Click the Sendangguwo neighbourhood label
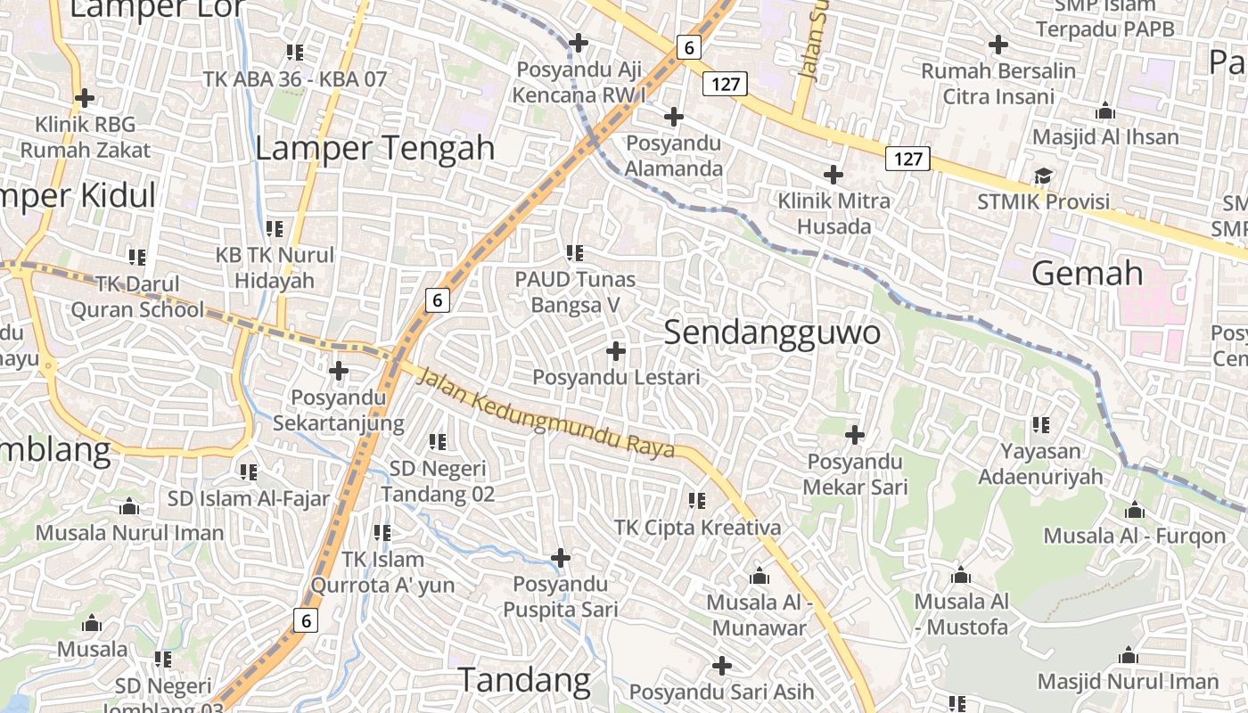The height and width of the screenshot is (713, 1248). coord(772,332)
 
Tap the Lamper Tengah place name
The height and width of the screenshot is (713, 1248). coord(374,148)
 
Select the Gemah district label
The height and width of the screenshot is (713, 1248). coord(1087,273)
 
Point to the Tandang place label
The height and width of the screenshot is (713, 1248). coord(524,681)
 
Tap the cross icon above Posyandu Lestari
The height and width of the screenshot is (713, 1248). coord(615,351)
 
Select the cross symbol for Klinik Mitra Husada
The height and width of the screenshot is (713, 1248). coord(833,175)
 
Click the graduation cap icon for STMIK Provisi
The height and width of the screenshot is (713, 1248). coord(1043,176)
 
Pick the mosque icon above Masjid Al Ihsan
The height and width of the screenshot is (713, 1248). coord(1105,111)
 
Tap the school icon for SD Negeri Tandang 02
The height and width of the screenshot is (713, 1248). coord(437,441)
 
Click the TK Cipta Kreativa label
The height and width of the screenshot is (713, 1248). coord(697,527)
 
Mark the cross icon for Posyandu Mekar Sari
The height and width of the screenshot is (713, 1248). coord(855,435)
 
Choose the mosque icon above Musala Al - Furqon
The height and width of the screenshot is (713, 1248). coord(1134,511)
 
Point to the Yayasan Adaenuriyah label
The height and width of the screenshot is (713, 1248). coord(1040,464)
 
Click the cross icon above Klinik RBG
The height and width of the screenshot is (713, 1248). coord(85,97)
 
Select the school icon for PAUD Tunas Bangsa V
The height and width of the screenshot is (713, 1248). coord(575,253)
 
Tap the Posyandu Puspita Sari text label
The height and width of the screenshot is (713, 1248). coord(561,597)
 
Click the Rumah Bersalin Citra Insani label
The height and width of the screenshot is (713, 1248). coord(998,84)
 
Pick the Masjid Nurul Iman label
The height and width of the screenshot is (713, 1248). coord(1128,682)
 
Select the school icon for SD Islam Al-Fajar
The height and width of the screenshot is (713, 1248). coord(249,471)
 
